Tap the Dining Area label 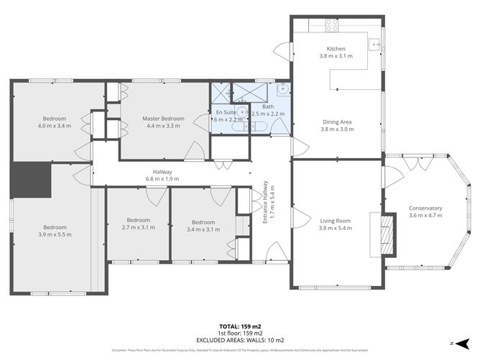tap(336, 122)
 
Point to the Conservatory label tap(425, 208)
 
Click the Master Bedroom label tap(163, 119)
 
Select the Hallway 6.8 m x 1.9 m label tap(162, 175)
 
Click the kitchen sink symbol tap(374, 44)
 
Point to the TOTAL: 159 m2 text tap(239, 327)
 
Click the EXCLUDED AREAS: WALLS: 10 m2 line tap(239, 339)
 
